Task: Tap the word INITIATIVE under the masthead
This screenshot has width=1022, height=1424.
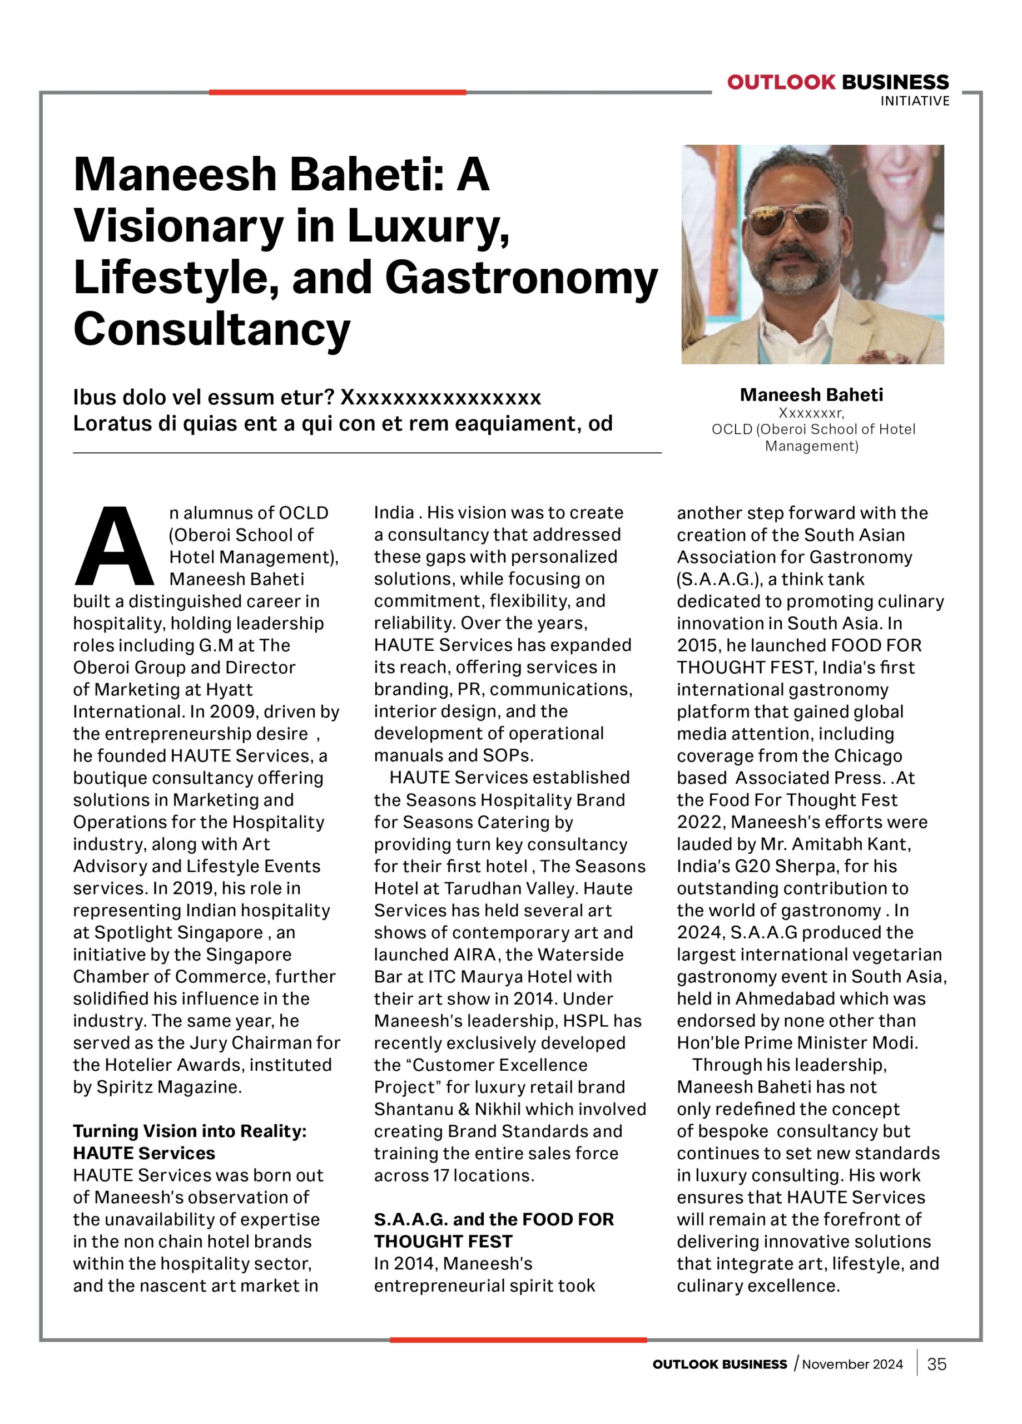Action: click(914, 101)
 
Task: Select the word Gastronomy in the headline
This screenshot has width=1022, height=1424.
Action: click(521, 278)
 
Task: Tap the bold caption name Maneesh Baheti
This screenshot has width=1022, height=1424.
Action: click(811, 395)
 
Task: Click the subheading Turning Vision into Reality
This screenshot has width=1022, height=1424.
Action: click(190, 1131)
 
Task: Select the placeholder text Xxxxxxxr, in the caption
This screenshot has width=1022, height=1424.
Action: click(811, 413)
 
